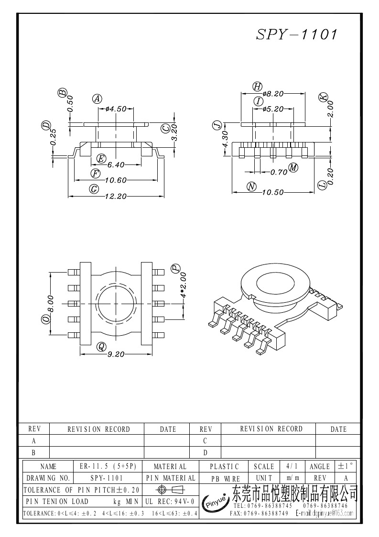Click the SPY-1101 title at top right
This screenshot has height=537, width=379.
tap(297, 34)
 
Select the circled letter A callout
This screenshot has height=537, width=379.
tap(97, 99)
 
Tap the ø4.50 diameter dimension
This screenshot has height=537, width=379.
tap(116, 109)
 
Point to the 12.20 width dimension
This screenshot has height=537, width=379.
tap(116, 196)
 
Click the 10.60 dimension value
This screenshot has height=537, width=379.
tap(115, 180)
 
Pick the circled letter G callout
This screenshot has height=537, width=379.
tap(94, 189)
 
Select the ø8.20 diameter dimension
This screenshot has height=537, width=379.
tap(273, 94)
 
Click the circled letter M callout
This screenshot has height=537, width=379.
tap(293, 167)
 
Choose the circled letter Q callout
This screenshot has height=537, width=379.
tap(101, 347)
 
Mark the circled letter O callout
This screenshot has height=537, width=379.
tap(46, 319)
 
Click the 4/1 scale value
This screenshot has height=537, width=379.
tap(291, 466)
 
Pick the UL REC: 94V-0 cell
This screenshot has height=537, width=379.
tap(169, 501)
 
